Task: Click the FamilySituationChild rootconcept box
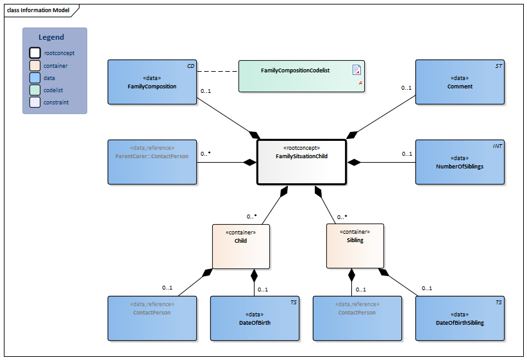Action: (301, 162)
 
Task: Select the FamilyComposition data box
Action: (152, 82)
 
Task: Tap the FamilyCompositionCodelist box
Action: (301, 76)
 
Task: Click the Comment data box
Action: (460, 82)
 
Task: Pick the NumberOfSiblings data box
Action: (460, 162)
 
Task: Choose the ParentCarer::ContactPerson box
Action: (152, 162)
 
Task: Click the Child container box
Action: (240, 245)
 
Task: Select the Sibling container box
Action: (355, 245)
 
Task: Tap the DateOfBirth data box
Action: (255, 318)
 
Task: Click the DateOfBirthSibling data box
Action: (460, 318)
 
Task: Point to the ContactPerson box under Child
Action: (152, 318)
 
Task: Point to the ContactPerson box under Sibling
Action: (357, 318)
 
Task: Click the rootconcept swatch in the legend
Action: (35, 53)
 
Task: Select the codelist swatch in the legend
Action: (35, 90)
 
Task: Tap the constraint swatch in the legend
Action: (35, 102)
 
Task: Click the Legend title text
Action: (51, 38)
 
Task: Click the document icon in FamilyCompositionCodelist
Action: (356, 70)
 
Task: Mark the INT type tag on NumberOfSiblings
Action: (498, 147)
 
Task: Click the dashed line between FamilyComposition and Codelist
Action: (218, 70)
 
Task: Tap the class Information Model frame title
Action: (38, 10)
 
